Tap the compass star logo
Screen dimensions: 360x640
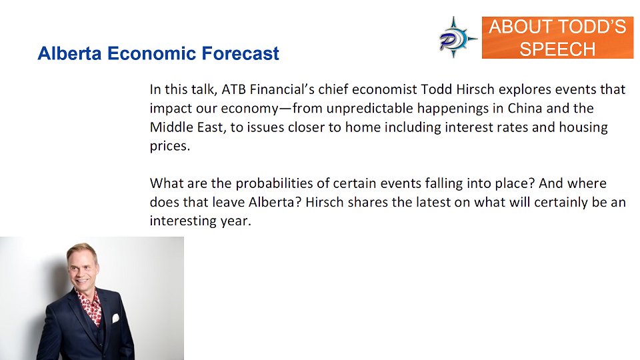457,37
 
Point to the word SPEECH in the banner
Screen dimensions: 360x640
557,49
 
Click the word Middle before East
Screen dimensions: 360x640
169,127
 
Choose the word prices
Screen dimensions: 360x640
169,146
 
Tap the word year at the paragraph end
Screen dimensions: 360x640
237,221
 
